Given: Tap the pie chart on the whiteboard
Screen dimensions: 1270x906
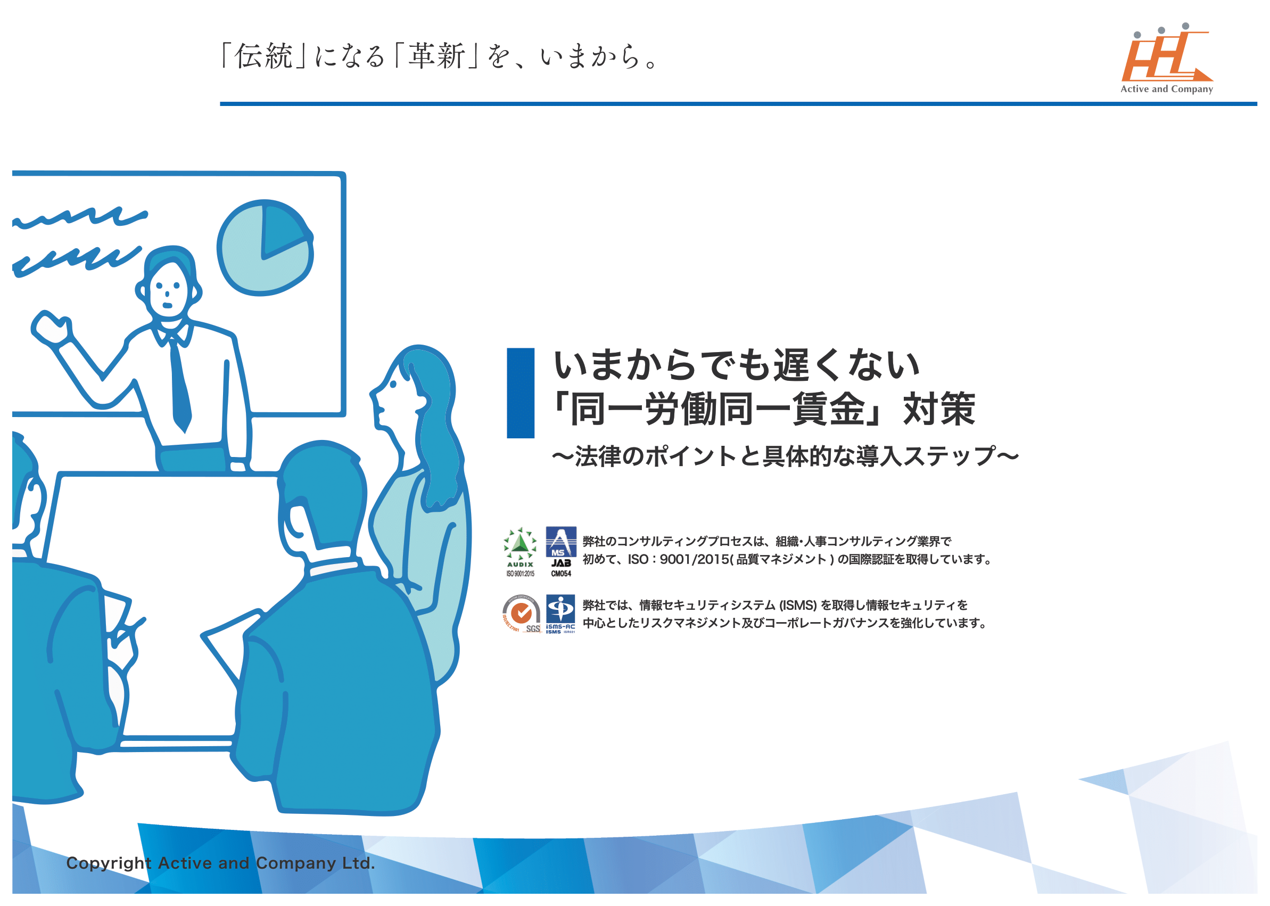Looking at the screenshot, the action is tap(265, 247).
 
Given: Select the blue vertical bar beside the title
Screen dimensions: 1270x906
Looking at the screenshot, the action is tap(521, 393).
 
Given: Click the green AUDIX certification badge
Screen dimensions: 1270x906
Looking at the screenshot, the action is tap(520, 552).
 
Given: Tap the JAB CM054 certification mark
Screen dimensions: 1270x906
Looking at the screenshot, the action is tap(561, 552).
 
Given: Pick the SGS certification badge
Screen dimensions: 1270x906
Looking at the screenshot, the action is tap(521, 614).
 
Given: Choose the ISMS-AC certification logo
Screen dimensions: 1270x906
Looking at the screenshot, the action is tap(560, 614).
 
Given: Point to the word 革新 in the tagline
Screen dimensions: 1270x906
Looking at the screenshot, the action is tap(436, 57).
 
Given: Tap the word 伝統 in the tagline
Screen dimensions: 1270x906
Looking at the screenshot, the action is tap(263, 57).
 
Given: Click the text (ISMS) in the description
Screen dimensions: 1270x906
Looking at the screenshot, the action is tap(797, 605).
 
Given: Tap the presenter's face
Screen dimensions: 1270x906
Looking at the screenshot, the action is tap(167, 290).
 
